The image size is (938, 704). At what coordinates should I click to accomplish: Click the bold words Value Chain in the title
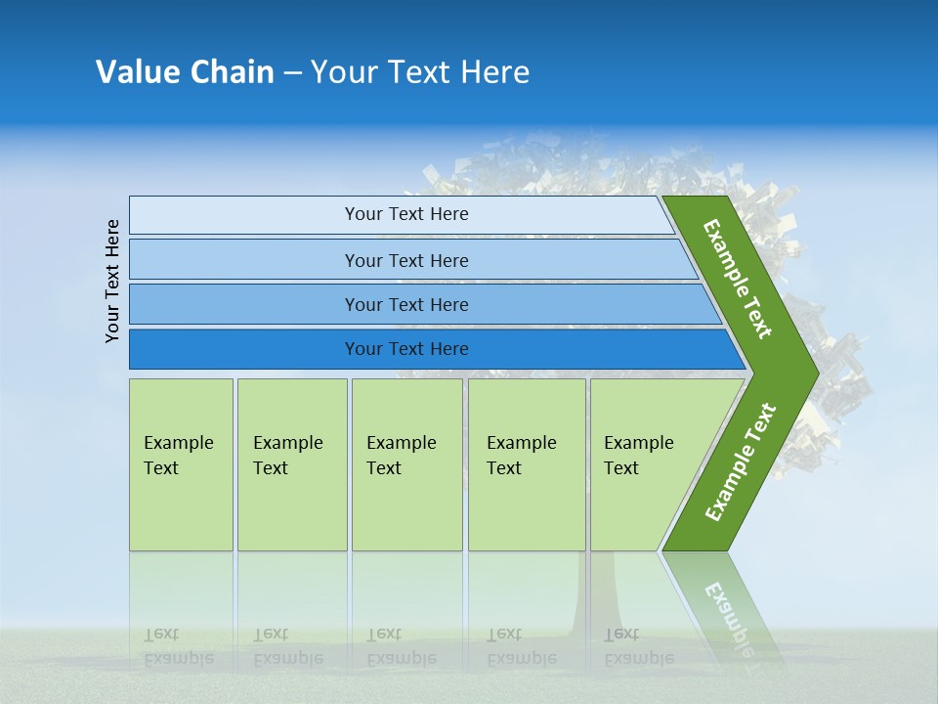click(185, 72)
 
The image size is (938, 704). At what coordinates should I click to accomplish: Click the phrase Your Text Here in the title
click(420, 72)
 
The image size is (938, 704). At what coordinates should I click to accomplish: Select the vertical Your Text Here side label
click(113, 281)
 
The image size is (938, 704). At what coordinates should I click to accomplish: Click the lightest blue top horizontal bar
click(244, 215)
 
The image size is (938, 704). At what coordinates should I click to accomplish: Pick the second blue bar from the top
click(244, 260)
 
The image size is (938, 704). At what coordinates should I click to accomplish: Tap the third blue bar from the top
click(244, 304)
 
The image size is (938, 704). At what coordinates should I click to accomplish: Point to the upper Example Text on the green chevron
click(738, 279)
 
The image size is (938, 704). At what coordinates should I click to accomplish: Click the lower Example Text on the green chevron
click(741, 462)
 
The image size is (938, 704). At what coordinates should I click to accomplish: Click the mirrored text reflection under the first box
click(179, 646)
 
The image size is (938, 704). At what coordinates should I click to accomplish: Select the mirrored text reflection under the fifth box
click(638, 646)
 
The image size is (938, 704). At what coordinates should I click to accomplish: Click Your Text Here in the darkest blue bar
click(406, 349)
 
